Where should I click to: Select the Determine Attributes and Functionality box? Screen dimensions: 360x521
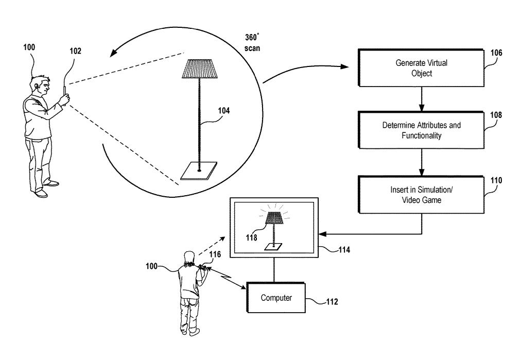421,130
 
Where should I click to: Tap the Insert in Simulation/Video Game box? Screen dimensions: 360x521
421,195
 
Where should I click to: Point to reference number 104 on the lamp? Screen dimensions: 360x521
224,110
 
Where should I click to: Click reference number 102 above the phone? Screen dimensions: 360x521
75,51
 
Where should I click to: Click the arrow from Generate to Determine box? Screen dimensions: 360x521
421,99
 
